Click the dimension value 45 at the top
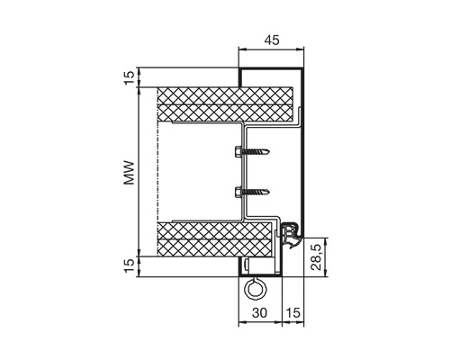(x=272, y=40)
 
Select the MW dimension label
(x=130, y=173)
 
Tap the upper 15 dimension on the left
(x=130, y=78)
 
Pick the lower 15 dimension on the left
(x=130, y=265)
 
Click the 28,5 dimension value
(x=317, y=257)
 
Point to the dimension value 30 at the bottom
(x=259, y=313)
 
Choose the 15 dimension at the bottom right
(x=293, y=313)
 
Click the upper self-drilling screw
(x=252, y=151)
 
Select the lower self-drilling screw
(x=252, y=191)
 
